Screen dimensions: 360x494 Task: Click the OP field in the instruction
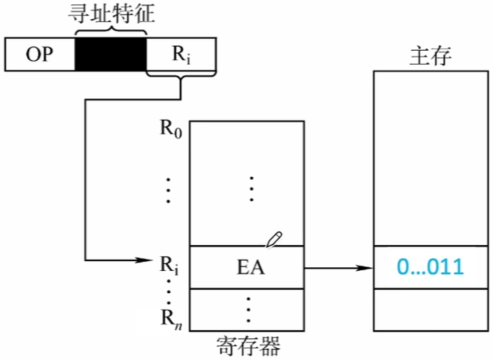point(40,54)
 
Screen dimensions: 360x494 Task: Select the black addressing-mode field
point(110,54)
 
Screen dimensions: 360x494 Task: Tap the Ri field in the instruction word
point(181,54)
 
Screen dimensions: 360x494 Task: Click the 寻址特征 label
point(111,14)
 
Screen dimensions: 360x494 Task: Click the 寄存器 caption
point(249,346)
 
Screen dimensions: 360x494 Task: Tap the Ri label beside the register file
point(169,265)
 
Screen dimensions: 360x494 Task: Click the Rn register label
point(170,318)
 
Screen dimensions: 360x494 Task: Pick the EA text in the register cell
point(249,267)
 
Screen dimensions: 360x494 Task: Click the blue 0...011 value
point(430,267)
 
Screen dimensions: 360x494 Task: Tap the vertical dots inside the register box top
point(251,189)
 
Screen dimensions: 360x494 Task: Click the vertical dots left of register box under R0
point(168,189)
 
